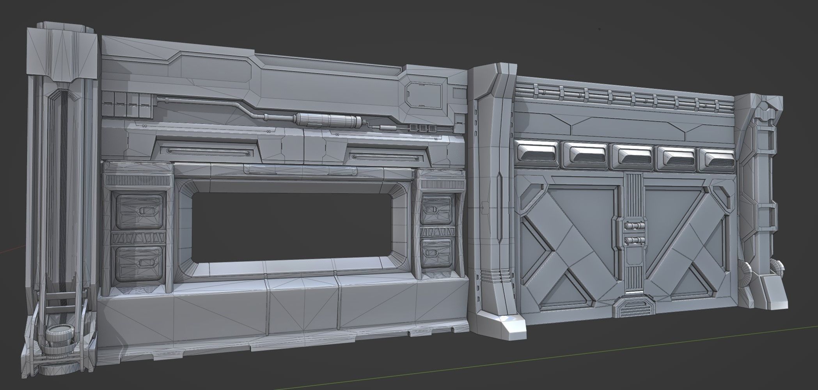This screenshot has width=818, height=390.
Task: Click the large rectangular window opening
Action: click(291, 226)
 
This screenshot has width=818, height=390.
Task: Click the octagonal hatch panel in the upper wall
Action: click(425, 95)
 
